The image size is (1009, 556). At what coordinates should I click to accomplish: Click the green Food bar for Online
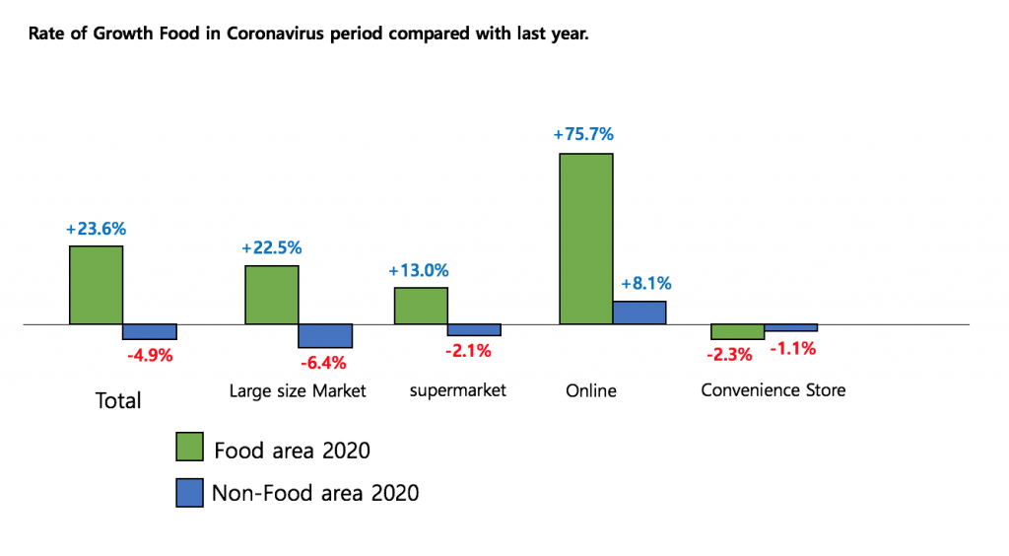point(586,239)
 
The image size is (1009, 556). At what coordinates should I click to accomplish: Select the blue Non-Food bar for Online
point(639,313)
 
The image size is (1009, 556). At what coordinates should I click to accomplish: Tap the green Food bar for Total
point(96,285)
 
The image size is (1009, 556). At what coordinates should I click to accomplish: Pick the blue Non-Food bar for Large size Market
point(325,335)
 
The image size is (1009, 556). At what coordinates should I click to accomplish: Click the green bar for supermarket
point(421,306)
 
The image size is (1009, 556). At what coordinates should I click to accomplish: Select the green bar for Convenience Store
point(737,331)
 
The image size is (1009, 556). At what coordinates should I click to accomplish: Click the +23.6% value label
point(96,229)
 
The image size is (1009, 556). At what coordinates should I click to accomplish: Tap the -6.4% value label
point(323,362)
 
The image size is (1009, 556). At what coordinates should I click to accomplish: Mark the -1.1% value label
point(792,348)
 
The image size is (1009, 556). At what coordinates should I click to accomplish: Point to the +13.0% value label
point(419,270)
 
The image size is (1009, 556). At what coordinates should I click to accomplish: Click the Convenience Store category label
point(773,390)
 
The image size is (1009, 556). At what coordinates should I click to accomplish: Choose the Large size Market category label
point(298,391)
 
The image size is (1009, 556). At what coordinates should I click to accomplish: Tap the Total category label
point(118,401)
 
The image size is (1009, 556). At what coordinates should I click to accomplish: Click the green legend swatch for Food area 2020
point(189,447)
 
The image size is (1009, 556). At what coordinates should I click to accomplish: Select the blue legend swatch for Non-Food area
point(189,493)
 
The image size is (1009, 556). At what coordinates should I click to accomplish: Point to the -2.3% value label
point(728,354)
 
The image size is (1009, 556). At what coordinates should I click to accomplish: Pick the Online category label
point(591,391)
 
